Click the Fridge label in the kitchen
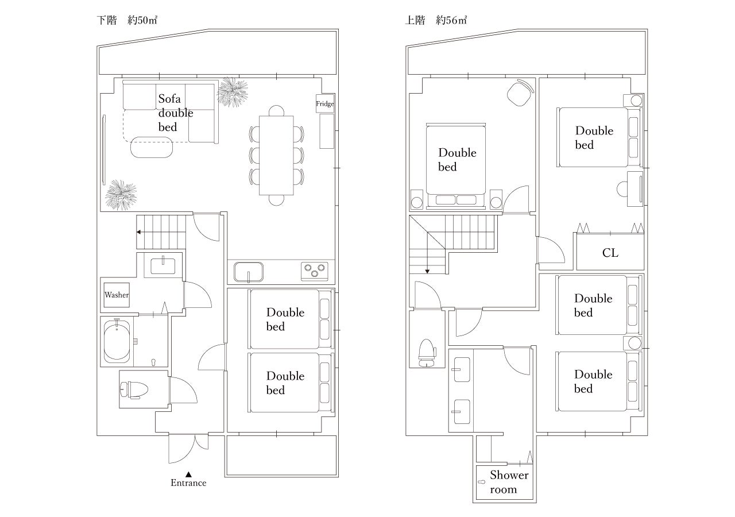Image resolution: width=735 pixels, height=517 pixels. (x=324, y=104)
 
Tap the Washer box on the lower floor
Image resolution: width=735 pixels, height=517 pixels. (x=117, y=295)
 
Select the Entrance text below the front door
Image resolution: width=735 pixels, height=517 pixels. (x=188, y=483)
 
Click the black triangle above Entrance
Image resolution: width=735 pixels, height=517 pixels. (x=188, y=473)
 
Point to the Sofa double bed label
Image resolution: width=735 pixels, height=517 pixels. (x=175, y=113)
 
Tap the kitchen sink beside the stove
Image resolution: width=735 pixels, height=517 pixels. (x=248, y=271)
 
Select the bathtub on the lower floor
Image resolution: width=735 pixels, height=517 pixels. (x=117, y=341)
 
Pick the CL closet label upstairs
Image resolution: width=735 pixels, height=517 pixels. (x=610, y=253)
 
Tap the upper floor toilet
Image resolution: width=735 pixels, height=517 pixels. (x=426, y=352)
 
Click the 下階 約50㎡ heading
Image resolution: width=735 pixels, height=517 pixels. (x=127, y=21)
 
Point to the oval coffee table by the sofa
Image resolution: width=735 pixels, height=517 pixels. (x=152, y=147)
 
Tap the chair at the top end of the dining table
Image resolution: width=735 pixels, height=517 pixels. (x=277, y=110)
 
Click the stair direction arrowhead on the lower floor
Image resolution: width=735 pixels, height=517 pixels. (x=140, y=232)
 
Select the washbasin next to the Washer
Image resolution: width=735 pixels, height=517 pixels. (x=164, y=266)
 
